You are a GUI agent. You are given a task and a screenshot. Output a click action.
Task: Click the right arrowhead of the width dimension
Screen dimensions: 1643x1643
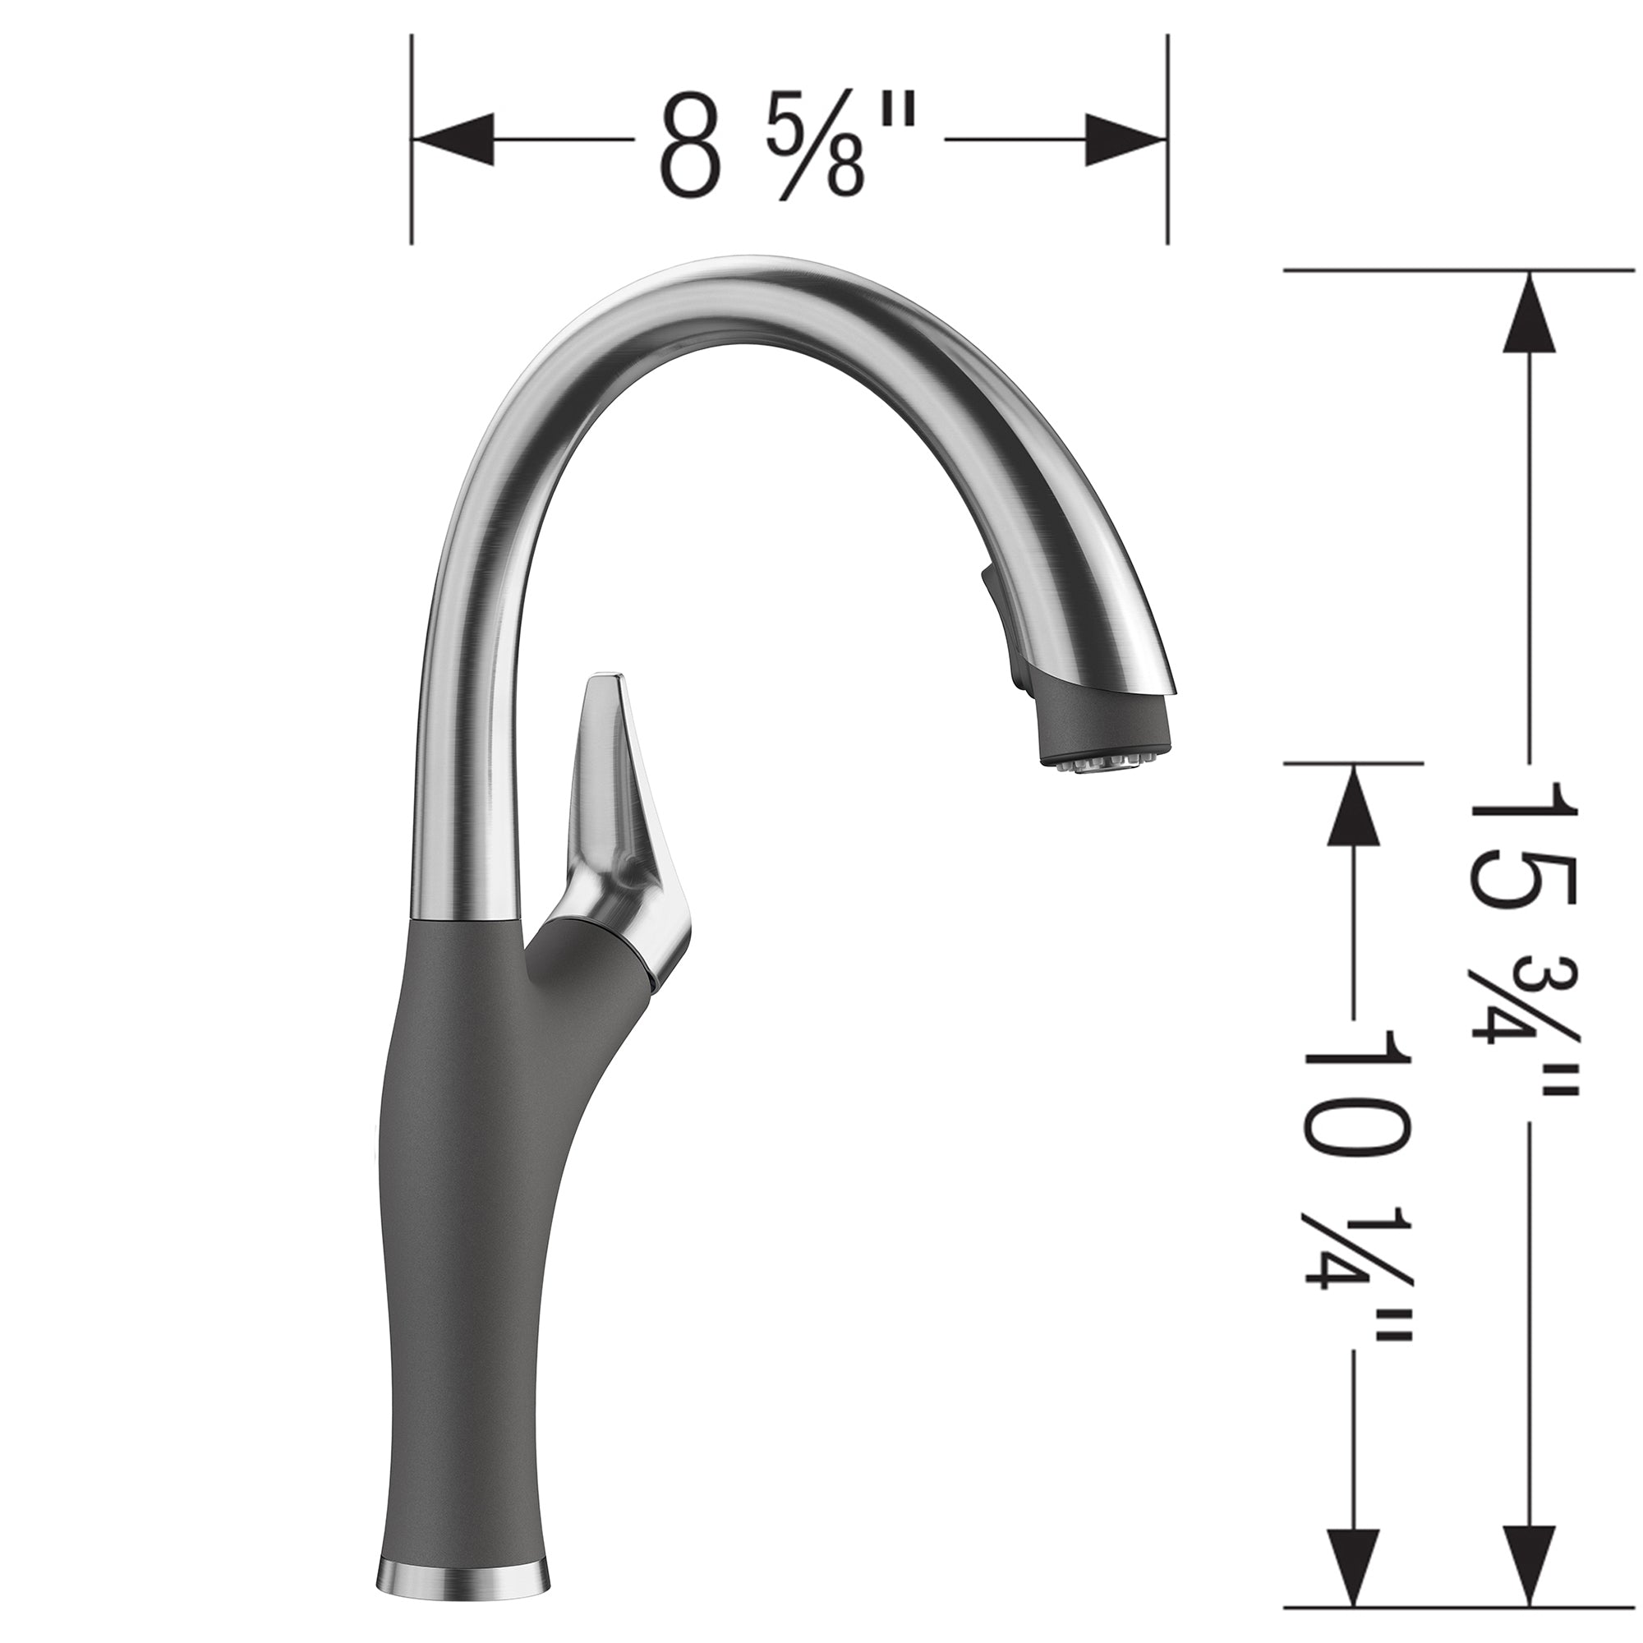(1123, 139)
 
